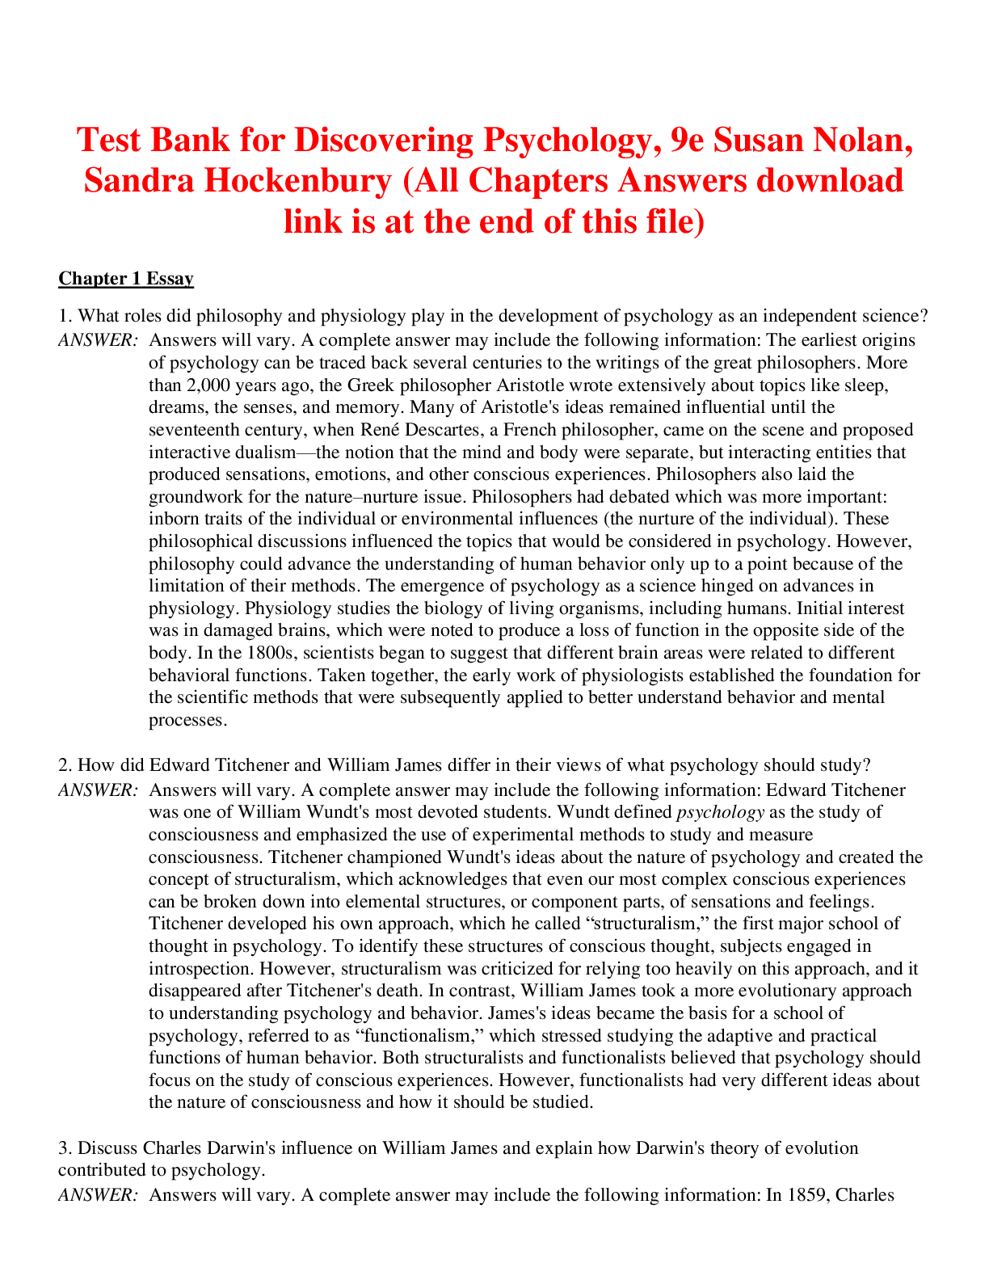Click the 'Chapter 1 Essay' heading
[126, 279]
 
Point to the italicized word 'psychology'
[719, 811]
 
